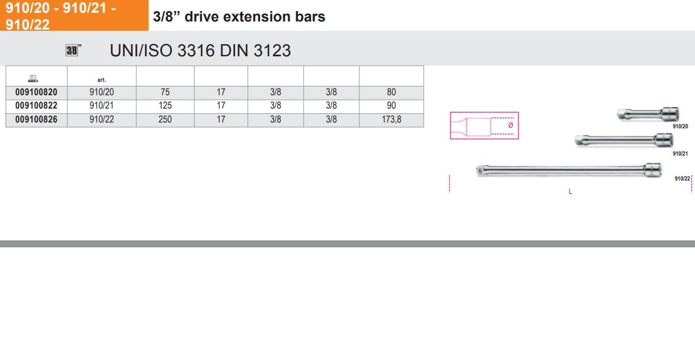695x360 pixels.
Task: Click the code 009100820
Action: point(37,93)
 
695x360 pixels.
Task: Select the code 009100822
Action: point(37,106)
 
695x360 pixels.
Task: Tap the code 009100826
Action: point(37,119)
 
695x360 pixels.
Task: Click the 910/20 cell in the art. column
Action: point(102,93)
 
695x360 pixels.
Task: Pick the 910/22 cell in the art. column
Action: point(102,119)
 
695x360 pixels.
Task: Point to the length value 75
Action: point(165,93)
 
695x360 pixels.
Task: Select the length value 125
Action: point(165,106)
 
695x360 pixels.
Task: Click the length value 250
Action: point(165,119)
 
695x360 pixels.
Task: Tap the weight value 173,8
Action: point(391,119)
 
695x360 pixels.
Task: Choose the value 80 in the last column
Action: point(391,93)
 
